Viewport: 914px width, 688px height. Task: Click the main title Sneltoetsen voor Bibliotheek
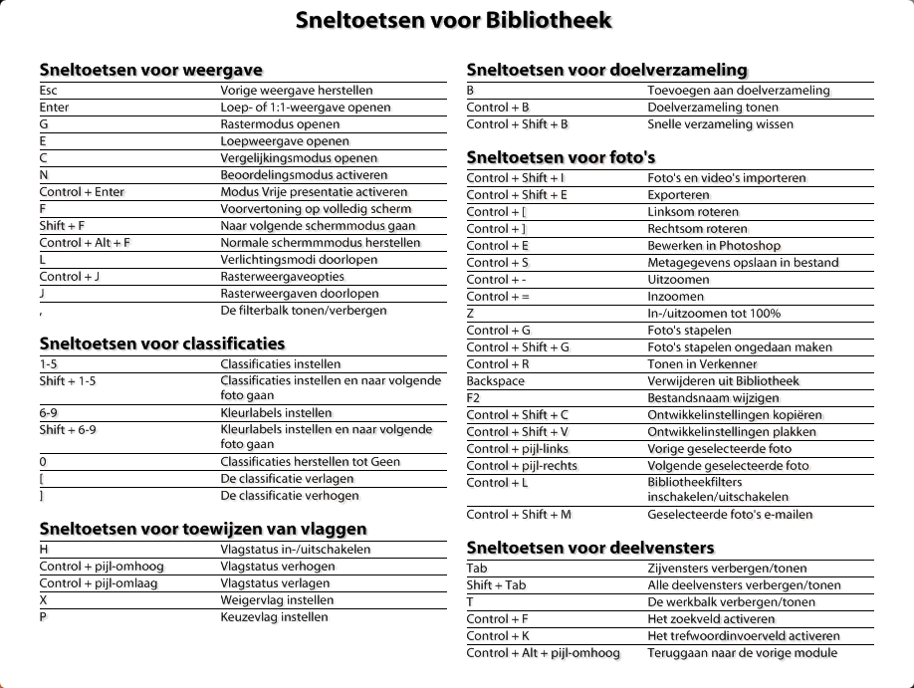[454, 21]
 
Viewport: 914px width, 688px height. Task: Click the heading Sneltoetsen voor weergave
[151, 70]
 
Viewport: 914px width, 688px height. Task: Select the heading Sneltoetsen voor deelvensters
[590, 548]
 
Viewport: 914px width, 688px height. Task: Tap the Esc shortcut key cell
[49, 91]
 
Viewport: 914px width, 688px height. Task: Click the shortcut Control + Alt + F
[86, 243]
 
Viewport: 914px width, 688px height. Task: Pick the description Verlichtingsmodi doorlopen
[285, 260]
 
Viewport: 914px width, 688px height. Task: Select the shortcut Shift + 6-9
[68, 430]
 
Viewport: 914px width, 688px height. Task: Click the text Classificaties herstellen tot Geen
[310, 462]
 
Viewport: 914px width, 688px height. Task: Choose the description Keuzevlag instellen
[274, 617]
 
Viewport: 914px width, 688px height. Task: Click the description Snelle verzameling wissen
[721, 124]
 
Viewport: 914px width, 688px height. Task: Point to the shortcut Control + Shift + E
[518, 195]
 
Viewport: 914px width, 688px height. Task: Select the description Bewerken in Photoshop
[714, 246]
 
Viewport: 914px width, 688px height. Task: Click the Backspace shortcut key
[494, 381]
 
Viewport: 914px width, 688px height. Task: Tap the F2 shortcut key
[474, 398]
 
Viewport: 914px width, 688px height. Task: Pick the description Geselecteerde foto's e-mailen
[730, 515]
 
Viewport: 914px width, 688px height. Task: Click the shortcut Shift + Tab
[497, 585]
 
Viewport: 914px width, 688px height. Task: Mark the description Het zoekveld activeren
[711, 619]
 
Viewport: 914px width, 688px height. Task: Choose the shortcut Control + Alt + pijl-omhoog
[544, 653]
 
